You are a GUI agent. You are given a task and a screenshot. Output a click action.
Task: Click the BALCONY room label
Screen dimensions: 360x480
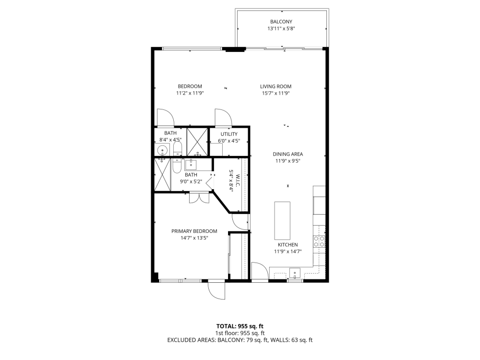pos(281,22)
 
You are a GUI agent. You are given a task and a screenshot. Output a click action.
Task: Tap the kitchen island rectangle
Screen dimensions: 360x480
pos(282,220)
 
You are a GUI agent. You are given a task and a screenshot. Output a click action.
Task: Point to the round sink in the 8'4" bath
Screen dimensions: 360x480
pos(162,150)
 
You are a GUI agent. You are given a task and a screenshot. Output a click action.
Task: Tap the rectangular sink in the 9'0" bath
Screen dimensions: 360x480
pos(192,165)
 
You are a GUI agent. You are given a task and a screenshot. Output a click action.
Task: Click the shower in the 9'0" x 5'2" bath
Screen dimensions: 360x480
pos(162,175)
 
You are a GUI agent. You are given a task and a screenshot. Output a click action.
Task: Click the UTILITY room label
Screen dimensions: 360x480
pos(229,134)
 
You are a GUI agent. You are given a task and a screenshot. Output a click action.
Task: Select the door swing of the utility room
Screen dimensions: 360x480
pos(223,117)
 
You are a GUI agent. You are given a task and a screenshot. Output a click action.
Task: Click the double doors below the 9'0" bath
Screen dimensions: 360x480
pos(199,197)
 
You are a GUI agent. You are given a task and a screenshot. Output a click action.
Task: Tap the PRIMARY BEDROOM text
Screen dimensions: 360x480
pos(194,231)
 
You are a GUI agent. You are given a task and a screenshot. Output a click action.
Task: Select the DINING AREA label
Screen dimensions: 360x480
pos(288,154)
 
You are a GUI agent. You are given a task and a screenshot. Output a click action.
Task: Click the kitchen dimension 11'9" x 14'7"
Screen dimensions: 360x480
pos(288,251)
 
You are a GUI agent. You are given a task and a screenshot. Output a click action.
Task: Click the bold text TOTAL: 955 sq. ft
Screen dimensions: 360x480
pos(240,326)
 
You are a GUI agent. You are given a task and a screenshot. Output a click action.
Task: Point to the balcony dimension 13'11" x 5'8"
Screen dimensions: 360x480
pos(281,29)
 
